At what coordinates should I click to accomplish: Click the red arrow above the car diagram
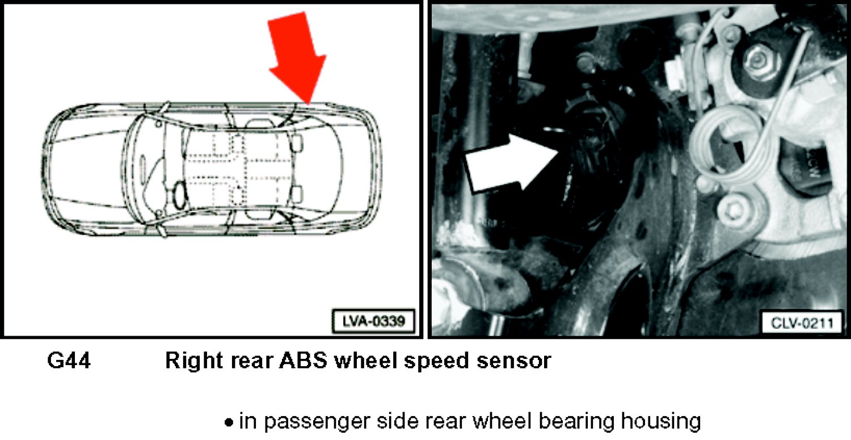pyautogui.click(x=297, y=57)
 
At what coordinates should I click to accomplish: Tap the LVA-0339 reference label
pyautogui.click(x=373, y=321)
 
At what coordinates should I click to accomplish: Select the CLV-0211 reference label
pyautogui.click(x=802, y=323)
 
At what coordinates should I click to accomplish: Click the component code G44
pyautogui.click(x=69, y=360)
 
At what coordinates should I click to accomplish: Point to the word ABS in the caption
pyautogui.click(x=303, y=360)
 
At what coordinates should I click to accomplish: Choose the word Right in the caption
pyautogui.click(x=193, y=361)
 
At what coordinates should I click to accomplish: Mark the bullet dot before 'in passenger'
pyautogui.click(x=229, y=422)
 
